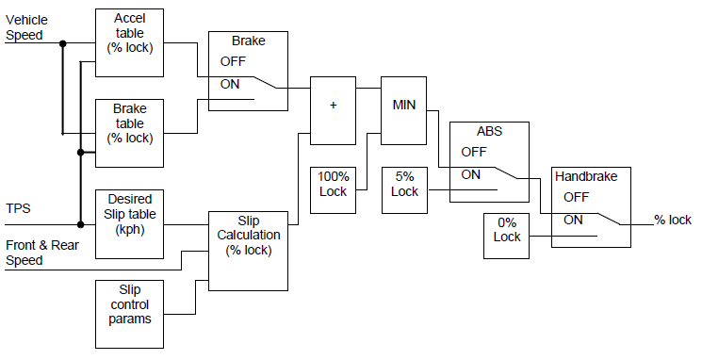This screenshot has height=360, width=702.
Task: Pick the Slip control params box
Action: point(130,303)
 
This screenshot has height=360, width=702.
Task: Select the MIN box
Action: point(403,104)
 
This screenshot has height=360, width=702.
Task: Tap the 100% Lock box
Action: point(334,186)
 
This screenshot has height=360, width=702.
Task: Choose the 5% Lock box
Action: point(404,186)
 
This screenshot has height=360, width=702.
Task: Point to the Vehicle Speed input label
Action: point(27,27)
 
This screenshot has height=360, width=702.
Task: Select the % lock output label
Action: point(673,221)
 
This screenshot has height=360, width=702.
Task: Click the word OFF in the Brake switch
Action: point(233,61)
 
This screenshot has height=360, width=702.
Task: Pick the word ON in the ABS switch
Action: point(471,174)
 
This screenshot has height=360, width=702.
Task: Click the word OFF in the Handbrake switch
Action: point(576,197)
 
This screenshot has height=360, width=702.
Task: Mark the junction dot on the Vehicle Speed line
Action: point(63,43)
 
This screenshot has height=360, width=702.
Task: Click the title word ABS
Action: point(489,131)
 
